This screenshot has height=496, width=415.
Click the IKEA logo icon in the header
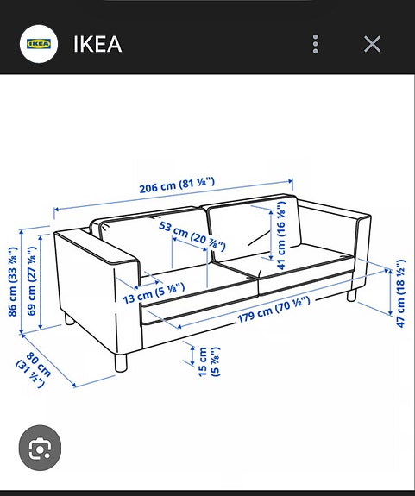tap(38, 43)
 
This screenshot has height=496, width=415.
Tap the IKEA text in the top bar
tap(97, 43)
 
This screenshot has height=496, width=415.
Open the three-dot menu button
tap(316, 44)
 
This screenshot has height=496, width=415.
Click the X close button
tap(372, 44)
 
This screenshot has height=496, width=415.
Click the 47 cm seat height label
tap(399, 293)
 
